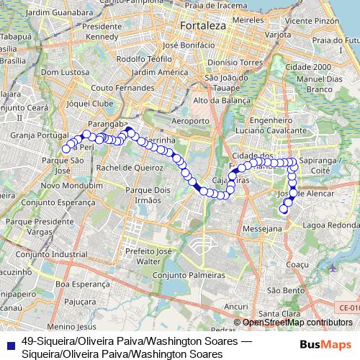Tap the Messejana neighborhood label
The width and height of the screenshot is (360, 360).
(x=262, y=228)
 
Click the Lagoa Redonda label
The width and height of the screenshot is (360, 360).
(x=330, y=225)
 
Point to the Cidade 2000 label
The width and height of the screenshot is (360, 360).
(x=308, y=67)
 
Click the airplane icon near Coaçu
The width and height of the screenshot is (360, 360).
(x=332, y=268)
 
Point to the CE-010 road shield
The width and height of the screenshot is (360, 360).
(x=346, y=307)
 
